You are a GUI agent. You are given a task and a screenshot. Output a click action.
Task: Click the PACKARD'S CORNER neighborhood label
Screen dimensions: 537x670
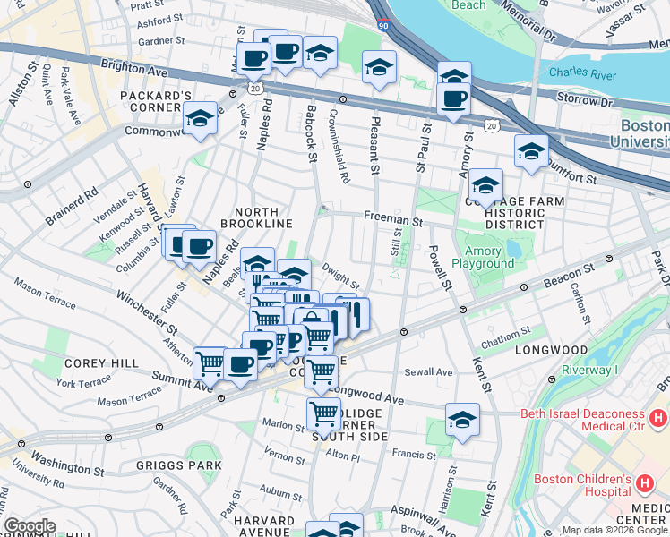click(x=162, y=101)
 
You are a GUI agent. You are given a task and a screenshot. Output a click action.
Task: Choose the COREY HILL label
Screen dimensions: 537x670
click(x=100, y=363)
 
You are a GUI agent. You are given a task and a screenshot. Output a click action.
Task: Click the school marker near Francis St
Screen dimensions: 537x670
click(x=462, y=419)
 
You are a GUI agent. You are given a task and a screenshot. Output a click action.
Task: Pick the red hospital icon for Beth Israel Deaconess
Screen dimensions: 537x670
click(x=658, y=417)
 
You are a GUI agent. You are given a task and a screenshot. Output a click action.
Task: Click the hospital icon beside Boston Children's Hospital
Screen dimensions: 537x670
click(x=645, y=484)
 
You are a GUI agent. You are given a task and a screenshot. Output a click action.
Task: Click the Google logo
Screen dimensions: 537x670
click(x=30, y=526)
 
